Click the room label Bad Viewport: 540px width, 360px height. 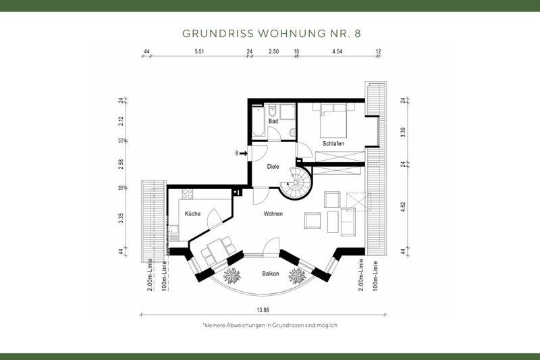[273, 121]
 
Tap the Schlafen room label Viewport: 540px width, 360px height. [333, 144]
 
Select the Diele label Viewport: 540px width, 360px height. [273, 166]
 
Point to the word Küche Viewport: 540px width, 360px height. [192, 213]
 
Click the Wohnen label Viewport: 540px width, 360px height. [273, 213]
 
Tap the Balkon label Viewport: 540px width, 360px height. [271, 274]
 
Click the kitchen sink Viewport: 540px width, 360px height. [174, 234]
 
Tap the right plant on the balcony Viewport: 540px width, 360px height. [298, 276]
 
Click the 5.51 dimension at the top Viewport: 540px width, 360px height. [199, 51]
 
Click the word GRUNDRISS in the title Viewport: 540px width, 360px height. [213, 32]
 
